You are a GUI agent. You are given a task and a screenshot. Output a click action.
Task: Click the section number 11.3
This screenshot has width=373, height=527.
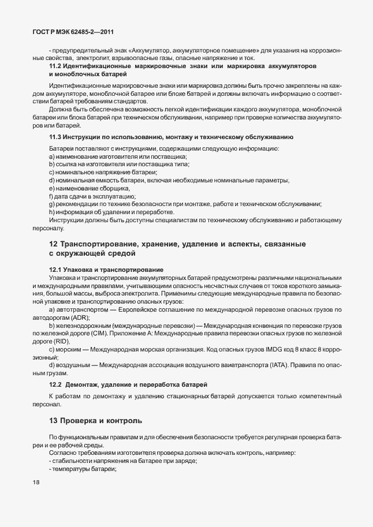pyautogui.click(x=55, y=137)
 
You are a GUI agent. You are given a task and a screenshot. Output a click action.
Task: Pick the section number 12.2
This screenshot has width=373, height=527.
pyautogui.click(x=55, y=384)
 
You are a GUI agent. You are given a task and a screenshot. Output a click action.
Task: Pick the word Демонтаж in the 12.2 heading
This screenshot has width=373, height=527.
pyautogui.click(x=85, y=384)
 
